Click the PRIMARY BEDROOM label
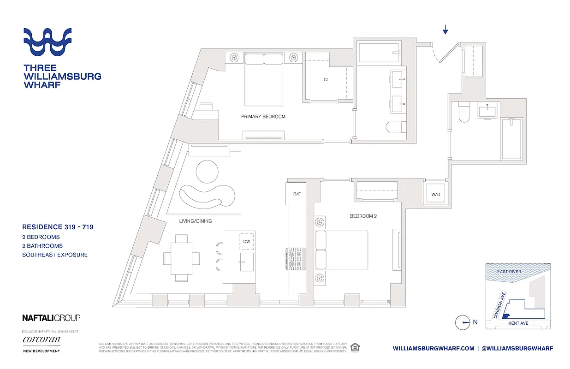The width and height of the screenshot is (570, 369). click(x=263, y=117)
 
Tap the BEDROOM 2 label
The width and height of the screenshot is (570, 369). click(x=363, y=216)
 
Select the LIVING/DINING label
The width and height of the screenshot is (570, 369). click(x=195, y=221)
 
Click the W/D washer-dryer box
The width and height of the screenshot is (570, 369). click(x=435, y=194)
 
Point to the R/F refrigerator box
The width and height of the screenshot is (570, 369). click(x=297, y=194)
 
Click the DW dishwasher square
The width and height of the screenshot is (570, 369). click(x=246, y=241)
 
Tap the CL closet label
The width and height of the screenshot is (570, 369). click(x=326, y=80)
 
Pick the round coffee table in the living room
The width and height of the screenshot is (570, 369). click(x=208, y=172)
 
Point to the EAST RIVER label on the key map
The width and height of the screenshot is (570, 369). click(x=509, y=272)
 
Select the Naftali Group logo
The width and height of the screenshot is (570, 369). click(x=51, y=318)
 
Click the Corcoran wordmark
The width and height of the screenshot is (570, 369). click(x=41, y=340)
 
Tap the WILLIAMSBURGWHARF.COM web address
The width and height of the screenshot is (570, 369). click(x=433, y=349)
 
